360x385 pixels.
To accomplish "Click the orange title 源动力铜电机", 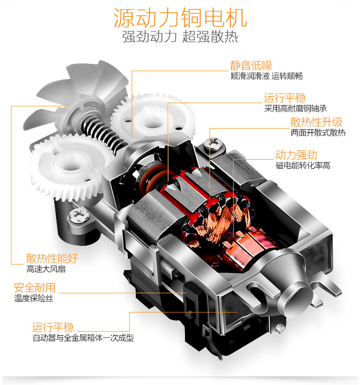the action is pyautogui.click(x=180, y=18).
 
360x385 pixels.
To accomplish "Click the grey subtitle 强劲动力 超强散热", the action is pyautogui.click(x=180, y=36).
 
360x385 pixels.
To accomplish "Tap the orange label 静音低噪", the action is pyautogui.click(x=251, y=66).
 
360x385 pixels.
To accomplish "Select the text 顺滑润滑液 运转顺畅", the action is pyautogui.click(x=267, y=76).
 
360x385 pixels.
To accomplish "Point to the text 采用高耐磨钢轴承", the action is pyautogui.click(x=295, y=108).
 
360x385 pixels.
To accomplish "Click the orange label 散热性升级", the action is pyautogui.click(x=316, y=122).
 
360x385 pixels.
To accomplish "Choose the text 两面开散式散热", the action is pyautogui.click(x=318, y=133).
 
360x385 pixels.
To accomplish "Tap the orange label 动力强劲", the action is pyautogui.click(x=296, y=155).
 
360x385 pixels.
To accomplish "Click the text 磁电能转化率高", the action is pyautogui.click(x=303, y=166).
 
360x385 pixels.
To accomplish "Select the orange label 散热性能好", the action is pyautogui.click(x=52, y=258).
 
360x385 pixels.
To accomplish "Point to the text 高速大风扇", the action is pyautogui.click(x=46, y=269).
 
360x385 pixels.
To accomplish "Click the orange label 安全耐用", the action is pyautogui.click(x=35, y=288).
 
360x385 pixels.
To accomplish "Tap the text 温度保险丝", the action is pyautogui.click(x=34, y=298).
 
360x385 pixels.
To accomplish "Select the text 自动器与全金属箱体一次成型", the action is pyautogui.click(x=83, y=338).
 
